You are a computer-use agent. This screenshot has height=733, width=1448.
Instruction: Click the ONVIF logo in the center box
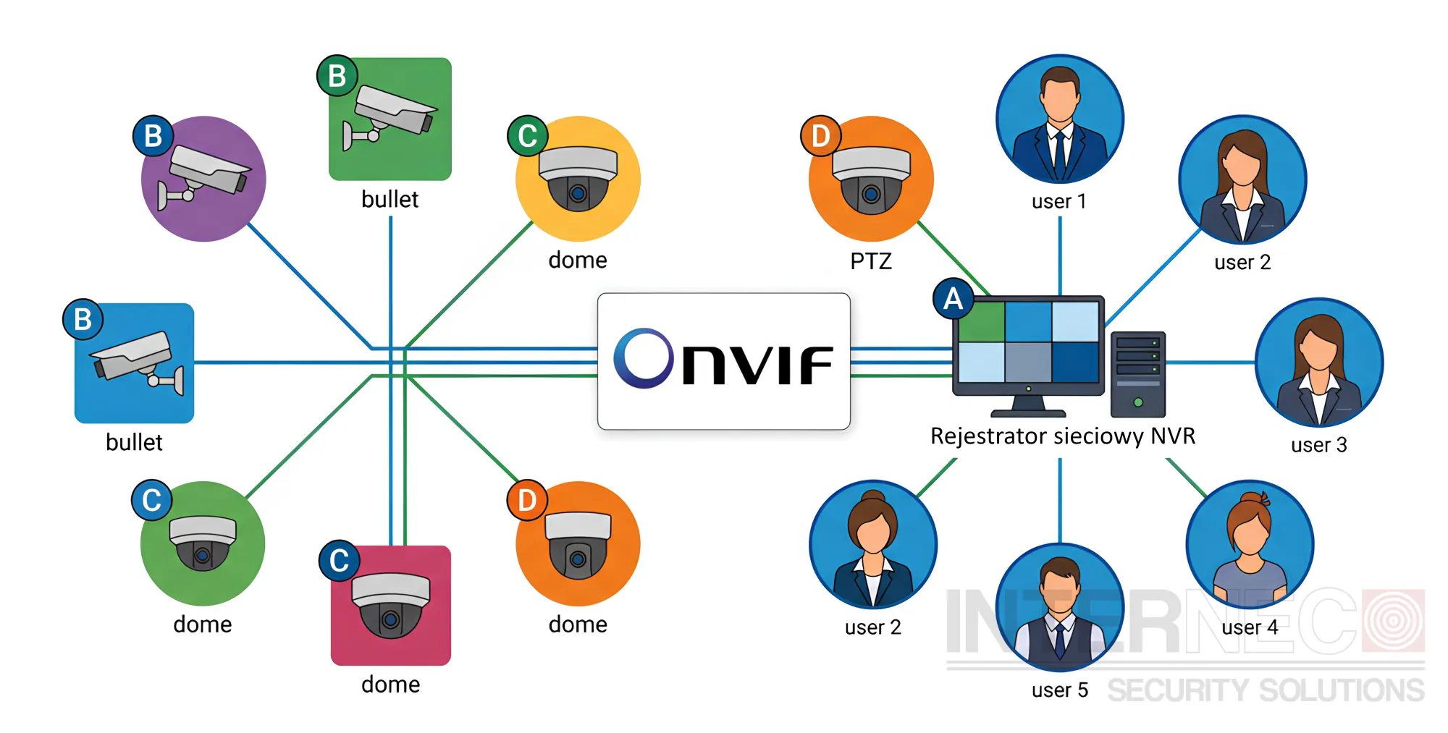click(x=723, y=359)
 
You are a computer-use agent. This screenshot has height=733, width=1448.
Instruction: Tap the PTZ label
click(x=871, y=260)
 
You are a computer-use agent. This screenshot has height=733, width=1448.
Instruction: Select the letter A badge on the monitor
click(x=954, y=298)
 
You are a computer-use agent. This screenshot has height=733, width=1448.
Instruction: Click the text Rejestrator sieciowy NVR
click(x=1063, y=436)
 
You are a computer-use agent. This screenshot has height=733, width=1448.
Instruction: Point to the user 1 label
click(x=1059, y=201)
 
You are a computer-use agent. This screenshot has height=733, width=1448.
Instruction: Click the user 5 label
click(x=1060, y=690)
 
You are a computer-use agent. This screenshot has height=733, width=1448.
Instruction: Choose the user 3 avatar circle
click(x=1319, y=363)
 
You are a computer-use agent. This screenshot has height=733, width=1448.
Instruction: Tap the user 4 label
click(x=1250, y=627)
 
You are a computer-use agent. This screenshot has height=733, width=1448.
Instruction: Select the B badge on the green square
click(x=337, y=75)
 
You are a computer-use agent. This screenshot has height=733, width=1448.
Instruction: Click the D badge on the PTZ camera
click(x=820, y=135)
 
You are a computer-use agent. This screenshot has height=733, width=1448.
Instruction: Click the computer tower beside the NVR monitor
click(x=1138, y=374)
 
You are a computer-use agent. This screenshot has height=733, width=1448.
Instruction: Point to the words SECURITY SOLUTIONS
click(x=1266, y=691)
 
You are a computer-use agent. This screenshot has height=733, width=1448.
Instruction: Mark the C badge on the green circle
click(x=151, y=499)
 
